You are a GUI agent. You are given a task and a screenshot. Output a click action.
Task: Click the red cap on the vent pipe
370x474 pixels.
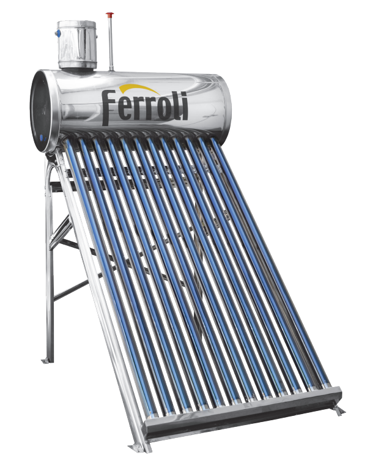tap(109, 15)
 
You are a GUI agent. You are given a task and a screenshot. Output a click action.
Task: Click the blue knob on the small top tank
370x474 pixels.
tap(59, 28)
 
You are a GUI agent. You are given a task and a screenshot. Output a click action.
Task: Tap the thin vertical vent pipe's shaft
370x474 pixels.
tap(111, 43)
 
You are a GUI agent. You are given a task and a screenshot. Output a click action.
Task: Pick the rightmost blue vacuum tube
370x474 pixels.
tap(275, 257)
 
